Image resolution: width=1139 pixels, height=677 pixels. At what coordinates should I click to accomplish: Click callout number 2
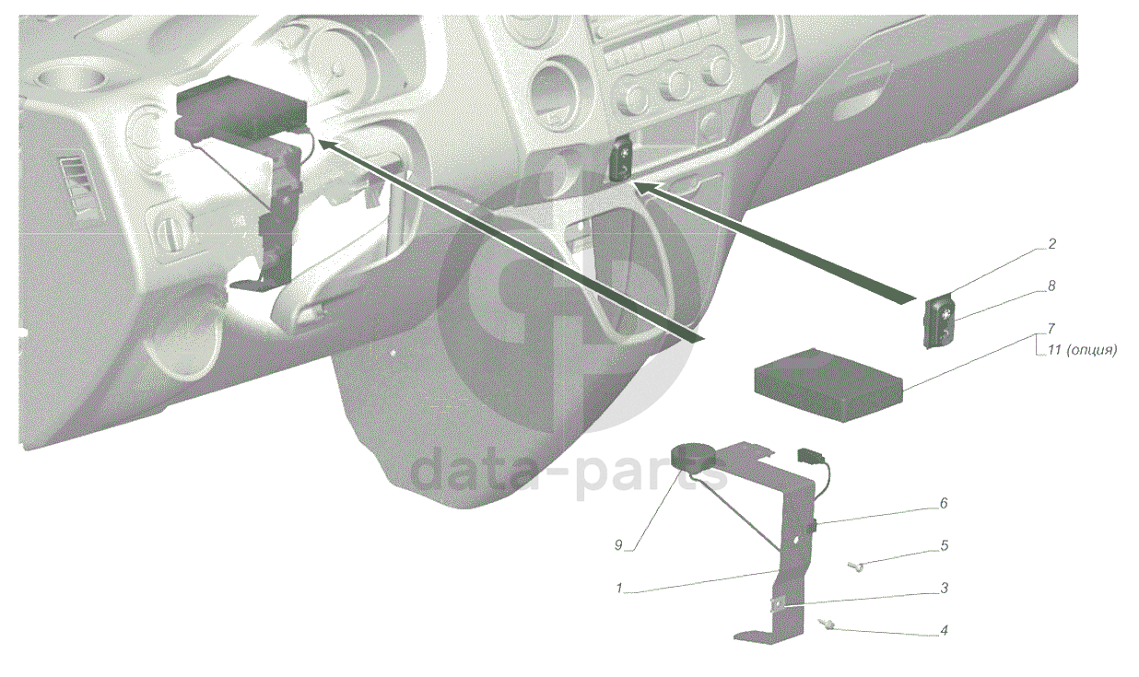click(1052, 244)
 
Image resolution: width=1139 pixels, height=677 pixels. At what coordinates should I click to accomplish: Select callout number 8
click(1051, 286)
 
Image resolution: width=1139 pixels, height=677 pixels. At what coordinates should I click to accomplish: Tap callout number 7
click(1051, 328)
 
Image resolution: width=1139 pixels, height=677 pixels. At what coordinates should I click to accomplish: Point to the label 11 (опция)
click(1081, 351)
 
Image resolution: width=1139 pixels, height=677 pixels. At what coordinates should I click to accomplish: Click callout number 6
click(944, 503)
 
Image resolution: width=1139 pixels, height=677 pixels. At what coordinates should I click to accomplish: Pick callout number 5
click(944, 545)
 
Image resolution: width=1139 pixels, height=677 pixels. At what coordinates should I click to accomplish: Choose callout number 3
click(944, 588)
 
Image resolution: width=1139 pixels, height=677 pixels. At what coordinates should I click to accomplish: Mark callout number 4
click(944, 631)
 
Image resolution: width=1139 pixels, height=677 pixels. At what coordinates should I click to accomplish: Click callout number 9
click(618, 545)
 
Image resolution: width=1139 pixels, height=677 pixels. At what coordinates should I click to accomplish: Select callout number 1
click(619, 589)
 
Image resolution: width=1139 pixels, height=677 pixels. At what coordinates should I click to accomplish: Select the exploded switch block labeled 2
click(940, 322)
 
